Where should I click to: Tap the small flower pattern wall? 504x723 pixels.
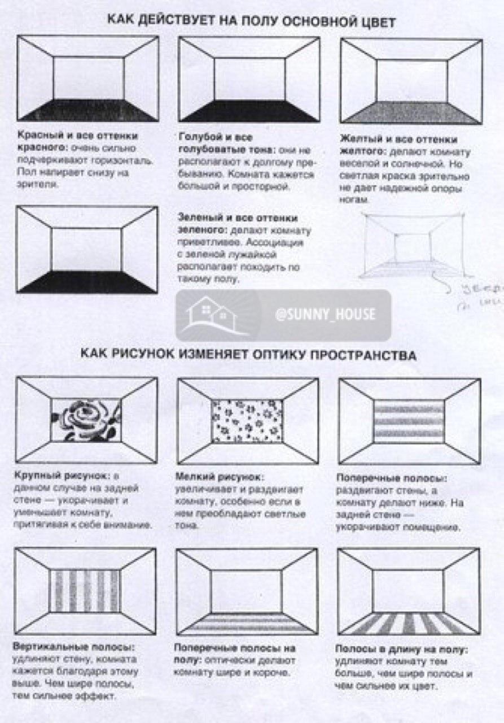pyautogui.click(x=247, y=421)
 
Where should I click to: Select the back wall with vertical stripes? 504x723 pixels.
pyautogui.click(x=86, y=590)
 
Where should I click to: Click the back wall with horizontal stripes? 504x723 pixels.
pyautogui.click(x=409, y=421)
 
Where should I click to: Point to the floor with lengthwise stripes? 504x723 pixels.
pyautogui.click(x=409, y=623)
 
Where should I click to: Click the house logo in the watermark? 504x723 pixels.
pyautogui.click(x=211, y=315)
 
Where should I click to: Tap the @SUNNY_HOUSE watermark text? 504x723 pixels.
pyautogui.click(x=325, y=315)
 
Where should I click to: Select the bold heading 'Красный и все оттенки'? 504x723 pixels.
pyautogui.click(x=78, y=137)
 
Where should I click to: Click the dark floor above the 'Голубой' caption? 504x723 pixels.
pyautogui.click(x=249, y=111)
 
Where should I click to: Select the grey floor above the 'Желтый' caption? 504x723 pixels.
pyautogui.click(x=411, y=112)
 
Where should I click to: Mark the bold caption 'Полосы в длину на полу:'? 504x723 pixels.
pyautogui.click(x=401, y=649)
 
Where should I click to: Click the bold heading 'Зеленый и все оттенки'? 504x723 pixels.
pyautogui.click(x=238, y=218)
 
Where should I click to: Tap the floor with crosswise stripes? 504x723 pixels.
pyautogui.click(x=247, y=624)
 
